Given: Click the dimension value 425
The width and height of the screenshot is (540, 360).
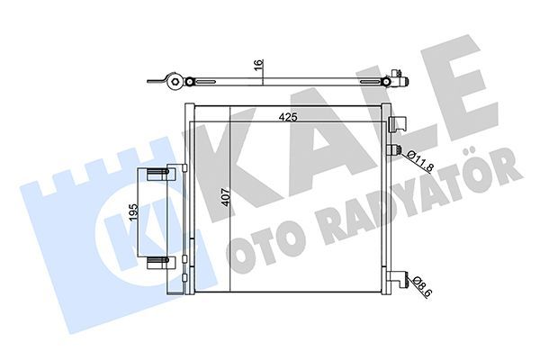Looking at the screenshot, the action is [288, 117].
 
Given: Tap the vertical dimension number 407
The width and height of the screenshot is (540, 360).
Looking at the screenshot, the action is [225, 197].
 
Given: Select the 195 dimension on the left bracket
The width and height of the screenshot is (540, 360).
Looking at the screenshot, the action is [133, 211].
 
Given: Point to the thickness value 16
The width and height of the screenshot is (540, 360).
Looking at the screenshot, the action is [259, 65].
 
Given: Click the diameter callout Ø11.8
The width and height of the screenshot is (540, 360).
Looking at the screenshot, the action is [419, 160].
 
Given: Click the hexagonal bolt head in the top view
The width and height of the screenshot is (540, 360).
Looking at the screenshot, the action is [175, 82].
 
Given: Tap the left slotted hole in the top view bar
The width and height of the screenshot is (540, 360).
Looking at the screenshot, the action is [205, 82].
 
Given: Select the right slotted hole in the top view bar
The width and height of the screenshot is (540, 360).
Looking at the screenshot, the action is [371, 82].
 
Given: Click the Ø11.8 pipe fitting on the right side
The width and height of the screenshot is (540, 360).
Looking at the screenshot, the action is [395, 150].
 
